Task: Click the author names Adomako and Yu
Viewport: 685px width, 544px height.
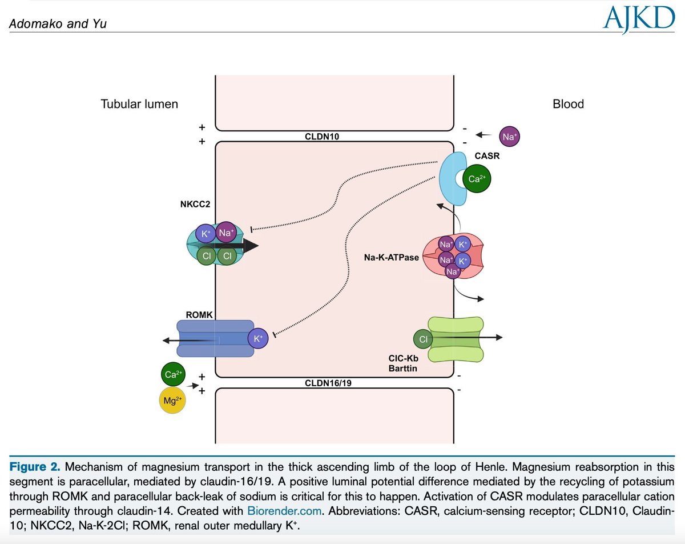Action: tap(58, 24)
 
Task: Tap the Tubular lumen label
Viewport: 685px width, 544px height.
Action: tap(139, 104)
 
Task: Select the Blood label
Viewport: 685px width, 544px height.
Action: tap(568, 104)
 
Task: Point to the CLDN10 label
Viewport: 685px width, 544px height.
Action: tap(322, 137)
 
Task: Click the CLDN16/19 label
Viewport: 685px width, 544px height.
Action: tap(328, 383)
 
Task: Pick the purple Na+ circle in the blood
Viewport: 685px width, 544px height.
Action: tap(509, 137)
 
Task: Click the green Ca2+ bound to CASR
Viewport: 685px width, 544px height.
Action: tap(477, 179)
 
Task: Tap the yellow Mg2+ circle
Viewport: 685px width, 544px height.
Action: tap(172, 400)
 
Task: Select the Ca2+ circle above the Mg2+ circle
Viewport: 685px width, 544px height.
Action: tap(173, 374)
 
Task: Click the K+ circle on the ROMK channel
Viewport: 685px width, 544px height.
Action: tap(258, 338)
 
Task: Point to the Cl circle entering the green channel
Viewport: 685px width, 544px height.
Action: tap(424, 339)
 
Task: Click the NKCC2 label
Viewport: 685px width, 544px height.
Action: tap(195, 204)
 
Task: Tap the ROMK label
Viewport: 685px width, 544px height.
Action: tap(199, 315)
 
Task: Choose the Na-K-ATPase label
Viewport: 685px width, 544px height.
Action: tap(391, 258)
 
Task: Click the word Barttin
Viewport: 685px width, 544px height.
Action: tap(402, 369)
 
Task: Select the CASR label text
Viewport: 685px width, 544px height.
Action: tap(487, 156)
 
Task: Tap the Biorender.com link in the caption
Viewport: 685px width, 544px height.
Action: tap(284, 511)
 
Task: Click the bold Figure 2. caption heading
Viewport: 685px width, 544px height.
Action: tap(35, 467)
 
